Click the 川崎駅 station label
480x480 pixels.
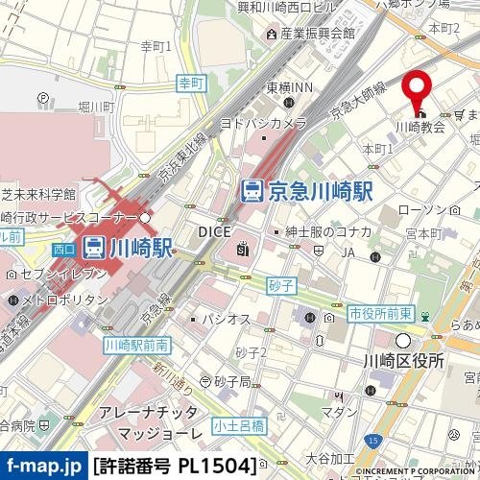(x=139, y=248)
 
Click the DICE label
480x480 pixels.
(x=213, y=231)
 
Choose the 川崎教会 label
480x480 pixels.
(x=421, y=126)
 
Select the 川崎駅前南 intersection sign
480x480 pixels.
(x=134, y=344)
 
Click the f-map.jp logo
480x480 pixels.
(x=42, y=467)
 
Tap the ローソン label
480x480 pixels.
(x=420, y=209)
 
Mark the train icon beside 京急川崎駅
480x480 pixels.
(x=252, y=190)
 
